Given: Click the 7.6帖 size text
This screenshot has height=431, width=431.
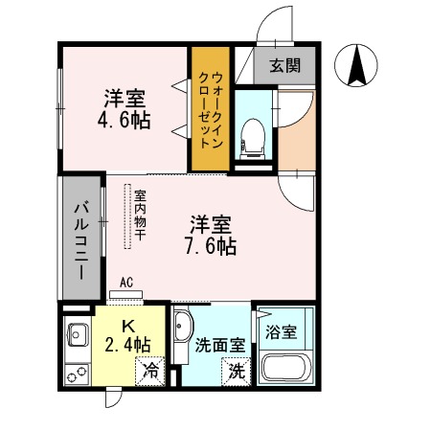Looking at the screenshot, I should pos(213,245).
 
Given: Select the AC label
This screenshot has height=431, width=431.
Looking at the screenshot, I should pos(126,283).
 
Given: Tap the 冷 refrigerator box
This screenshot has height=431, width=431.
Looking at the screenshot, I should pos(149,369).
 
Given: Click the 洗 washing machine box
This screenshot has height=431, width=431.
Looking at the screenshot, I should pos(235,372).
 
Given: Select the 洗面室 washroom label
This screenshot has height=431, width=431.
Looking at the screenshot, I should pos(214,343).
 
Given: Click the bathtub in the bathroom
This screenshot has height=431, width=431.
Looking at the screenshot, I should pos(286,369).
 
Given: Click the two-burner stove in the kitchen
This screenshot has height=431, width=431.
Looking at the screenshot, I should pos(75,371).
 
